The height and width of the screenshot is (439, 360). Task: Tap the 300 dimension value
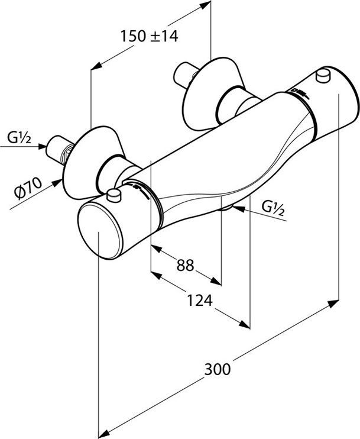pos(218,370)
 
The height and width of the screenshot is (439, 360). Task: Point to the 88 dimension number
pos(185,266)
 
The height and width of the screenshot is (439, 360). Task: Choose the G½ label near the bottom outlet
pos(273,208)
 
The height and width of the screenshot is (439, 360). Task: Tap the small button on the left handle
pos(115,195)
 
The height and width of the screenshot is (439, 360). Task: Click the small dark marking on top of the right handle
pos(296,92)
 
